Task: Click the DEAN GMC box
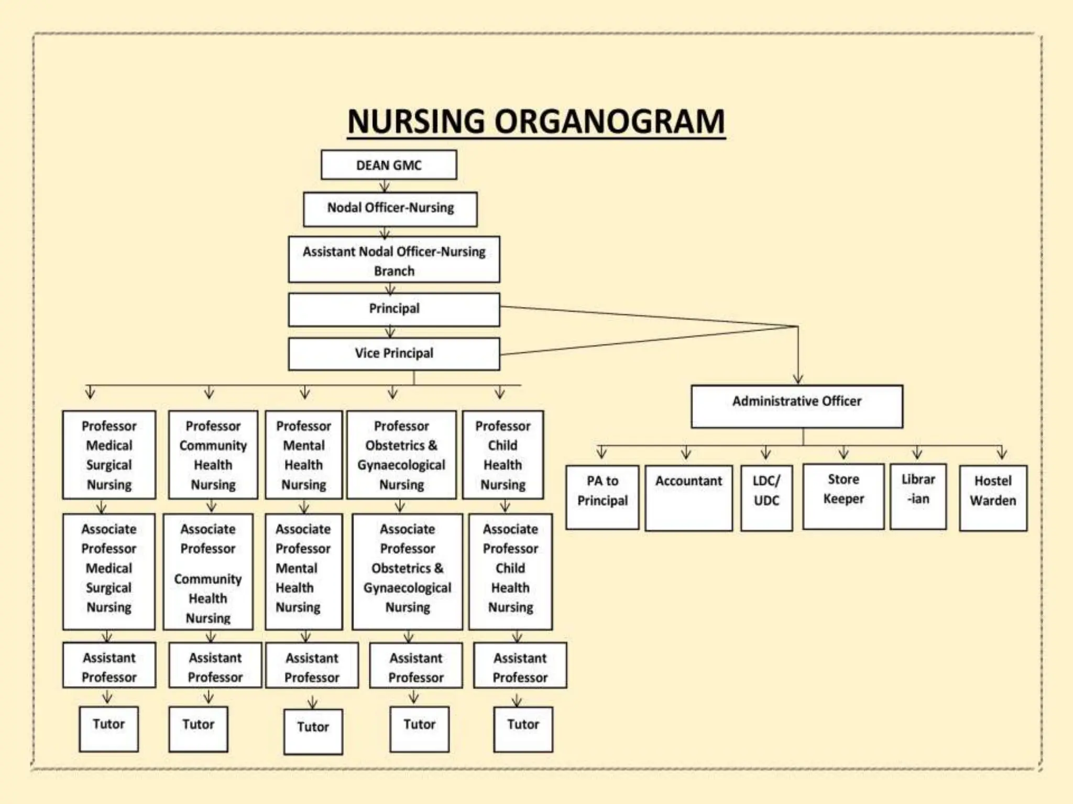point(389,165)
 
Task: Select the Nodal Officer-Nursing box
point(390,209)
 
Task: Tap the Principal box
point(394,309)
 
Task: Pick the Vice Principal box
point(394,354)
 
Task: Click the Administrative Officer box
point(797,406)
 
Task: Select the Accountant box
point(688,497)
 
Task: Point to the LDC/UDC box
point(766,497)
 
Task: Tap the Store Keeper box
point(843,496)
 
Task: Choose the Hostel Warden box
point(993,497)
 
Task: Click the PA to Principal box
point(603,497)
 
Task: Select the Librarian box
point(918,496)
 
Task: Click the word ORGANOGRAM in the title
point(609,121)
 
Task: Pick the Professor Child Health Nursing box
point(503,454)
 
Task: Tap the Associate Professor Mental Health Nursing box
point(303,571)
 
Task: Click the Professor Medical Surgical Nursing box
point(109,454)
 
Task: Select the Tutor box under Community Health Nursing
point(198,729)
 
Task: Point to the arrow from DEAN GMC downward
point(385,186)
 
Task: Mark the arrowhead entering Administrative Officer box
point(798,379)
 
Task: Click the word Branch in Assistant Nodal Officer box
point(394,271)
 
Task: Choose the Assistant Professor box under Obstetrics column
point(416,667)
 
